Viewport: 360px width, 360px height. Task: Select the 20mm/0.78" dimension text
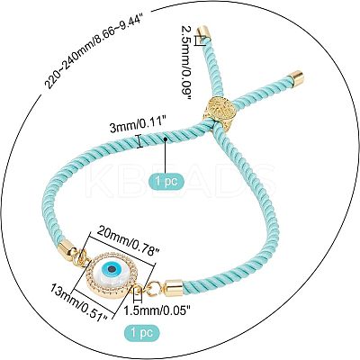click(x=128, y=241)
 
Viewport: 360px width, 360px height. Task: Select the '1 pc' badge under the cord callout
click(x=166, y=182)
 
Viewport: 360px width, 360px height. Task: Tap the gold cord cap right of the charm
click(x=174, y=287)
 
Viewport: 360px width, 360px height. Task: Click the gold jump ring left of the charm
click(x=81, y=256)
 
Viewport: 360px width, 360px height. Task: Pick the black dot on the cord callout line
click(x=166, y=139)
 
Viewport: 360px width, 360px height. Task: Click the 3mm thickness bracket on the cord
click(x=139, y=141)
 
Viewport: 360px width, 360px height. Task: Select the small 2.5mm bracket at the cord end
click(x=199, y=40)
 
